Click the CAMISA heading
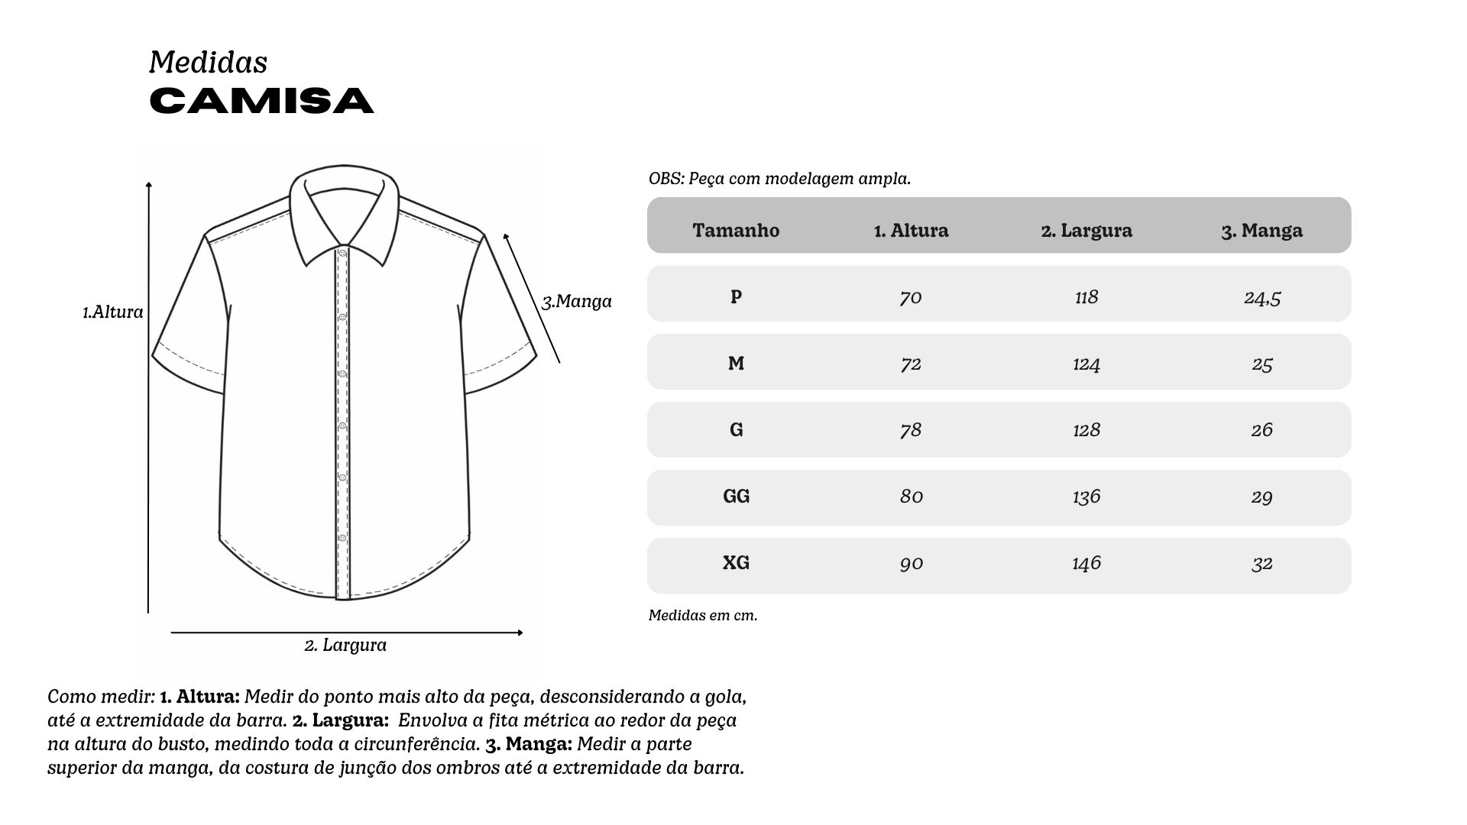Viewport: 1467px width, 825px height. coord(261,101)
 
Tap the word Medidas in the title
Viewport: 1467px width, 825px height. coord(208,63)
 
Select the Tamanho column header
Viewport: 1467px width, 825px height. coord(736,230)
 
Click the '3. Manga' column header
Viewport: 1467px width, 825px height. coord(1261,230)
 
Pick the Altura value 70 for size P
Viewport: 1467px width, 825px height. coord(911,296)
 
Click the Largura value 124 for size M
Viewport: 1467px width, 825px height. coord(1086,364)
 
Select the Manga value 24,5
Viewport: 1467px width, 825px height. coord(1261,296)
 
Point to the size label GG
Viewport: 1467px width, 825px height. coord(736,497)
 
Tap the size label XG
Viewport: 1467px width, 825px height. coord(736,563)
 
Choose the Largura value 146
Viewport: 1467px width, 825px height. coord(1086,563)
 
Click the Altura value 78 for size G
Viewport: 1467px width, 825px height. coord(911,430)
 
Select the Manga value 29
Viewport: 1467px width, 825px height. coord(1261,497)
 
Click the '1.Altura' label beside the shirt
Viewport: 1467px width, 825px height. coord(113,312)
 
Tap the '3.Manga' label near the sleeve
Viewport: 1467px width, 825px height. coord(577,302)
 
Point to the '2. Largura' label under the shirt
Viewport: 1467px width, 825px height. coord(345,645)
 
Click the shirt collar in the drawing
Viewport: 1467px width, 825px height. coord(345,206)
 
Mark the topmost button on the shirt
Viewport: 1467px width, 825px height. coord(342,254)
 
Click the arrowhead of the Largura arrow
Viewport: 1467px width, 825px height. coord(520,632)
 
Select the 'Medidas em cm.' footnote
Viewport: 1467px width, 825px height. coord(703,616)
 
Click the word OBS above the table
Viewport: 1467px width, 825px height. coord(665,180)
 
